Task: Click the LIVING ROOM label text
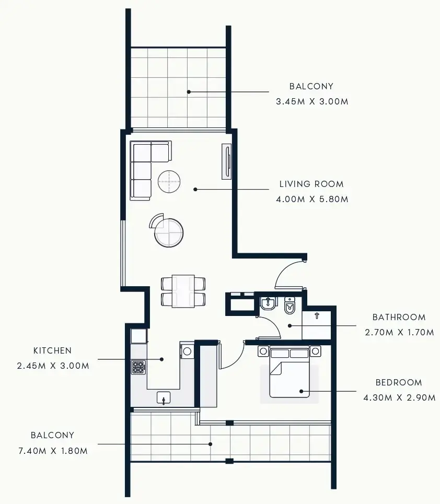pos(311,184)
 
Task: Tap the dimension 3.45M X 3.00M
pos(311,102)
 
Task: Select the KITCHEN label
pos(52,350)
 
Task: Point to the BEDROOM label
pos(399,382)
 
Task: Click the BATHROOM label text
pos(399,317)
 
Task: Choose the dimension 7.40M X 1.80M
pos(52,450)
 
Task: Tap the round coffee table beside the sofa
pos(169,182)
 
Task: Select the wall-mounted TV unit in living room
pos(226,161)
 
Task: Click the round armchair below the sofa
pos(168,232)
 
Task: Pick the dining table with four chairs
pos(183,291)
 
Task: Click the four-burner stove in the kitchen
pos(138,367)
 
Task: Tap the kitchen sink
pos(164,398)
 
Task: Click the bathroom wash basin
pos(268,304)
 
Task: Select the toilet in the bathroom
pos(290,306)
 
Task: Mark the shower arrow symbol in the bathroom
pos(317,315)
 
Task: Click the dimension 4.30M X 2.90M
pos(399,397)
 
